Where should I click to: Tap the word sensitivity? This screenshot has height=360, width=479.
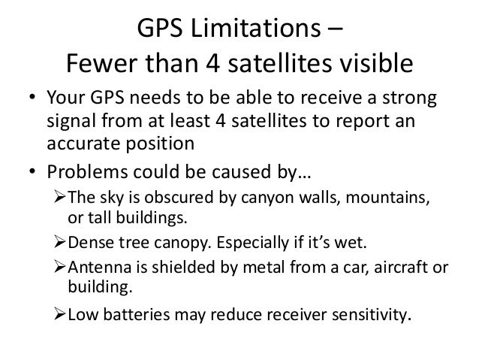369,314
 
